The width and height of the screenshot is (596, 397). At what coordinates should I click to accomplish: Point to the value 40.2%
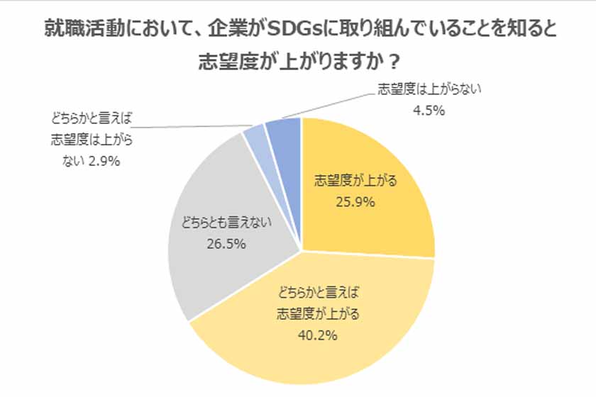click(311, 333)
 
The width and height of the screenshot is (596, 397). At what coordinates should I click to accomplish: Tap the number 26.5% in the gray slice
click(226, 245)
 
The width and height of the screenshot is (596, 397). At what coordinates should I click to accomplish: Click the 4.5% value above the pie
click(428, 111)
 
